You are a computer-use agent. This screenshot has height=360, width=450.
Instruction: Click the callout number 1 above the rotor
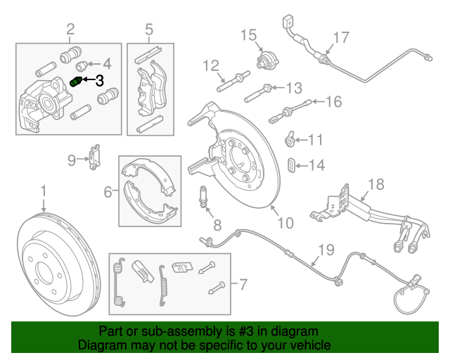click(43, 191)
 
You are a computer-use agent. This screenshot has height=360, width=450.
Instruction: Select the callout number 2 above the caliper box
click(70, 29)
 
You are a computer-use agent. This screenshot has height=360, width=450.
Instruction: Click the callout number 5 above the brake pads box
click(149, 29)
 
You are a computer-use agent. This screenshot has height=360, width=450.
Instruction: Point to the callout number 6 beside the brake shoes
click(108, 191)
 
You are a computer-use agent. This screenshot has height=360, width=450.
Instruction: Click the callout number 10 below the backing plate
click(284, 224)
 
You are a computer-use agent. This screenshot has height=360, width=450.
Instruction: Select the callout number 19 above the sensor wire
click(324, 250)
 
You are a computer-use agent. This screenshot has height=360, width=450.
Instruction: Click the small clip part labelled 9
click(94, 160)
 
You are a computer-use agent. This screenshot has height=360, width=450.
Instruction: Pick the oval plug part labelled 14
click(291, 165)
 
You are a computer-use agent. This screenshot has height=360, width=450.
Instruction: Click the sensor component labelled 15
click(265, 61)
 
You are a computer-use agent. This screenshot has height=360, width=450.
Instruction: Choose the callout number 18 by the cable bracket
click(376, 186)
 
